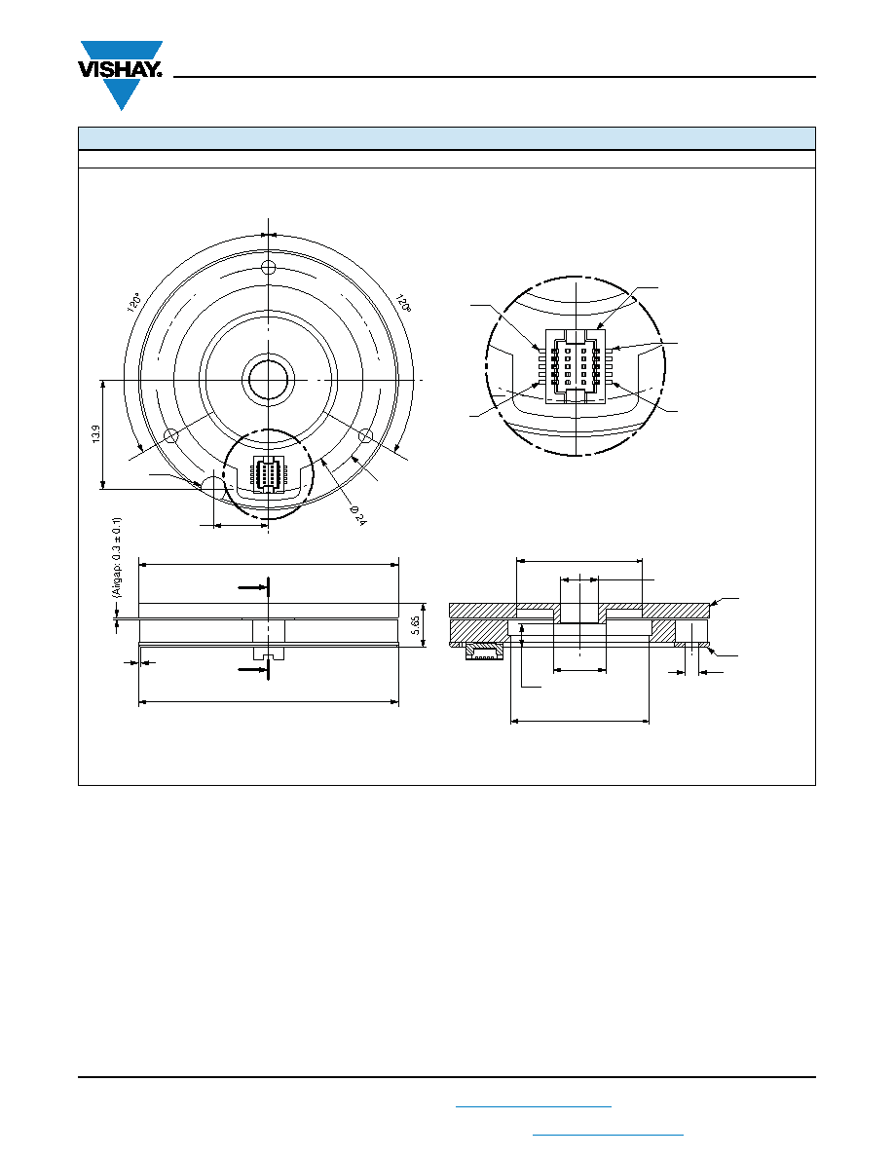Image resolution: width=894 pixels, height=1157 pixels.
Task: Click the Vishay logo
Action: [x=120, y=75]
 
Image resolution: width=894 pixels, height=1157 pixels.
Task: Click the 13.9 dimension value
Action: [x=95, y=433]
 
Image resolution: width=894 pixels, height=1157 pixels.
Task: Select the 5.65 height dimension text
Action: [x=415, y=625]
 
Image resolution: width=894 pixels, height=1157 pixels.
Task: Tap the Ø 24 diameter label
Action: [x=357, y=515]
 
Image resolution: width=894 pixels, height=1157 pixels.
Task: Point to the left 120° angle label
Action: [x=134, y=303]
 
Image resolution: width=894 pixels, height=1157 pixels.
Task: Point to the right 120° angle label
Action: [x=403, y=303]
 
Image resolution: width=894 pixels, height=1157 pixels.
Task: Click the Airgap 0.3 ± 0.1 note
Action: [x=117, y=557]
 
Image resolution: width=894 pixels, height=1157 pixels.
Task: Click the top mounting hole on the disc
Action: [x=269, y=267]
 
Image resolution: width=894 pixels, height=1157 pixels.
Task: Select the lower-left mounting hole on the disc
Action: [x=170, y=435]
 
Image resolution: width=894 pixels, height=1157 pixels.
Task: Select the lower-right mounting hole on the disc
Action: [x=366, y=435]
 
